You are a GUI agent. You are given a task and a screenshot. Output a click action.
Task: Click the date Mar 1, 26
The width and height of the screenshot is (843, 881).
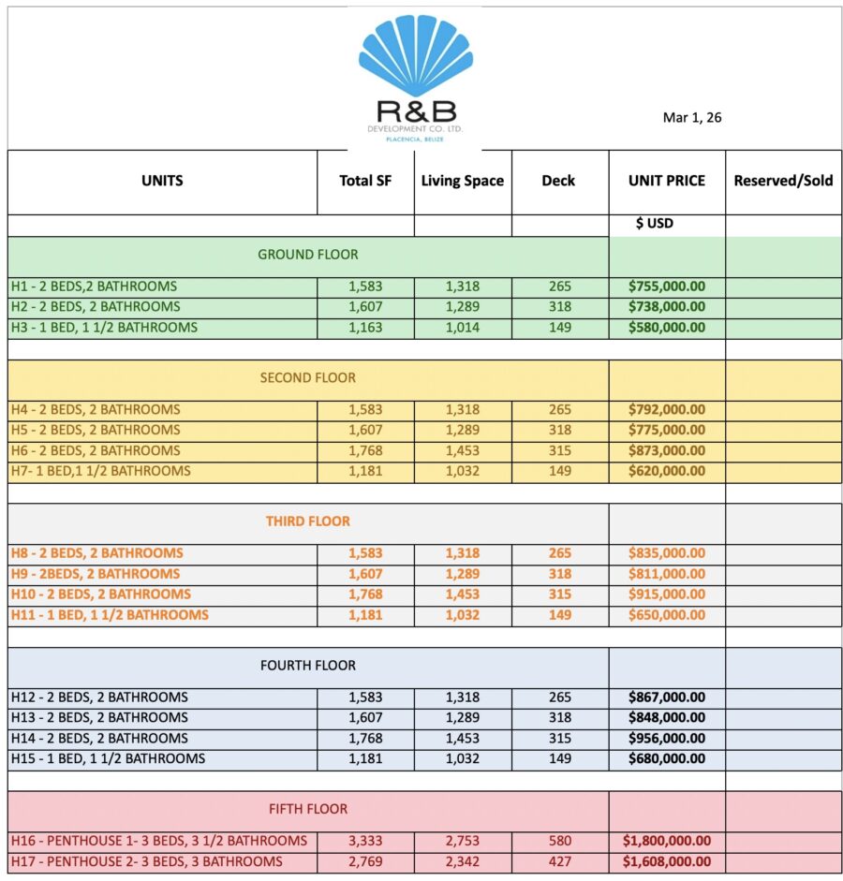tap(692, 118)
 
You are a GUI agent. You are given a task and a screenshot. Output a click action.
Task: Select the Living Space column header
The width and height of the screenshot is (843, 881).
tap(463, 181)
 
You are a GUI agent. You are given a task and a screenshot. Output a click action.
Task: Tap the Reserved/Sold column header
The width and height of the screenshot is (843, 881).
tap(783, 181)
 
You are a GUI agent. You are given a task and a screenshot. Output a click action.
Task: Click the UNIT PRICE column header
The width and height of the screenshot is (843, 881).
tap(667, 181)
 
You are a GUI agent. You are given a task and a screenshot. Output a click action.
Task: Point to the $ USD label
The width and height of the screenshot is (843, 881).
tap(654, 224)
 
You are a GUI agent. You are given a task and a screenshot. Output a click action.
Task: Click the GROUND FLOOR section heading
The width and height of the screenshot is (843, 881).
tap(308, 254)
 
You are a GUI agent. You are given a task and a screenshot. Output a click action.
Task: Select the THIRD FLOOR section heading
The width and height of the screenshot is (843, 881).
tap(308, 521)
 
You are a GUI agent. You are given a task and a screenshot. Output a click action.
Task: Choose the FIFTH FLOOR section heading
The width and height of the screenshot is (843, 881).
tap(308, 809)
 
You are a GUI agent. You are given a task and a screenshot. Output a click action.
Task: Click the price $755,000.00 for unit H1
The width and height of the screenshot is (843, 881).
tap(667, 286)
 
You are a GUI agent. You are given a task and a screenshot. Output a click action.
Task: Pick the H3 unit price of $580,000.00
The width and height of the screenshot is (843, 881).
tap(667, 328)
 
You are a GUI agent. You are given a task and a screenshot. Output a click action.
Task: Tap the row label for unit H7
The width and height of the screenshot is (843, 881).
tap(100, 471)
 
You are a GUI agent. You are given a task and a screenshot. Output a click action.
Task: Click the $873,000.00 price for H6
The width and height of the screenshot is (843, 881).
tap(667, 450)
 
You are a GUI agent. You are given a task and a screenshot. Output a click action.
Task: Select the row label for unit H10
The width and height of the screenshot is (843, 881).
tap(101, 595)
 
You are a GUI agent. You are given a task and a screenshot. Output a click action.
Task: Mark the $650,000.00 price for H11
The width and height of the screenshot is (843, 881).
tap(667, 615)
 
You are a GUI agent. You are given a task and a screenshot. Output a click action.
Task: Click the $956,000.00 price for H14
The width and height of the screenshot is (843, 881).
tap(667, 738)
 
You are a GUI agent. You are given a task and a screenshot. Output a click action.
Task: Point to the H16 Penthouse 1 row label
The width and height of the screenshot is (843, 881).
tap(159, 841)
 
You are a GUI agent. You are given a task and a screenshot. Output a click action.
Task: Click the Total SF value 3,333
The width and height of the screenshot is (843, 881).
tap(365, 841)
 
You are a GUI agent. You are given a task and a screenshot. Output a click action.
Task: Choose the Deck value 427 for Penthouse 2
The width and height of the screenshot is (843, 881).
tap(560, 861)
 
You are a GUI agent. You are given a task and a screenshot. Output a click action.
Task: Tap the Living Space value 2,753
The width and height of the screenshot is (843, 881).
tap(463, 841)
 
